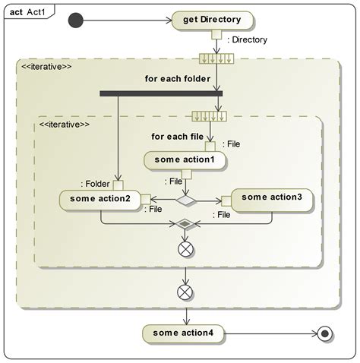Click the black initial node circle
pos(75,21)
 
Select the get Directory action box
pos(212,21)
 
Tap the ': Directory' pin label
pos(247,39)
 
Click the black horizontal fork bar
pos(161,93)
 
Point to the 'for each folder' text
pos(178,79)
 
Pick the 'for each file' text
pos(177,137)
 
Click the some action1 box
pos(185,160)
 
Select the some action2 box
pos(100,200)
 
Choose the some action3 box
pos(272,200)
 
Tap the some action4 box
pos(183,333)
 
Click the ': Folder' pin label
pos(95,184)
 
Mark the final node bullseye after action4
pos(325,333)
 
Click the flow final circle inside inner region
pos(185,249)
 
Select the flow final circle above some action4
pos(185,292)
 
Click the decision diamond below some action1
pos(186,200)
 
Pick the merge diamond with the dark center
pos(185,224)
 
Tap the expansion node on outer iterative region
pos(216,58)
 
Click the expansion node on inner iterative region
pos(209,116)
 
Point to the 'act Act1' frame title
pos(27,12)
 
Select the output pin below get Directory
pos(216,34)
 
